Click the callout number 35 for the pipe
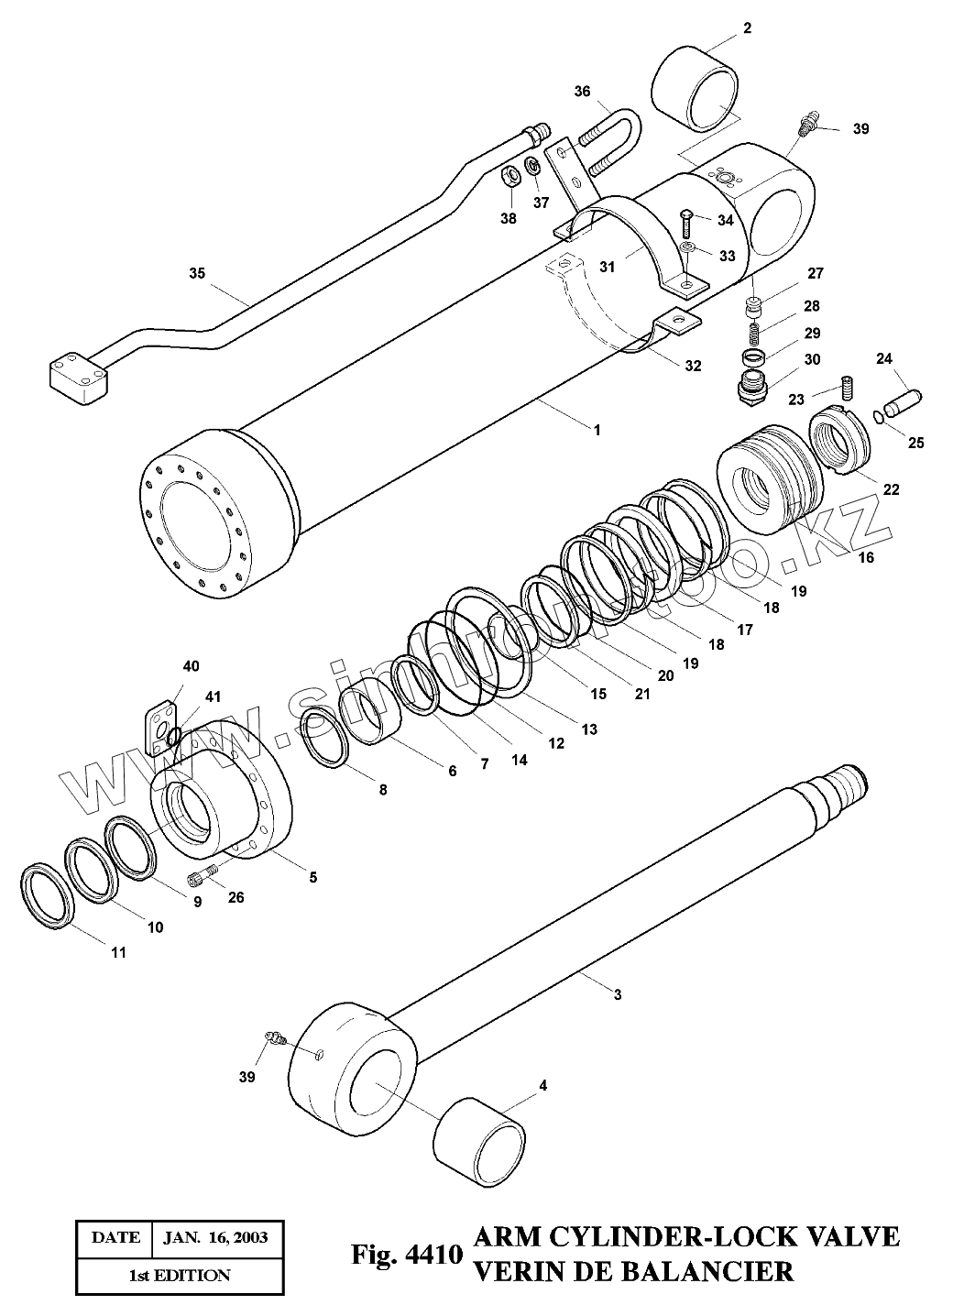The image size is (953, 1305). tap(197, 273)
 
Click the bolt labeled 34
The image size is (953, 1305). tap(687, 220)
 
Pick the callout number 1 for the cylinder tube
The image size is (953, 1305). tap(597, 429)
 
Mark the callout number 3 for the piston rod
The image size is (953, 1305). tap(617, 994)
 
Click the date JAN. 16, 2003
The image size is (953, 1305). tap(215, 1237)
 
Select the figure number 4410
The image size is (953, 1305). tap(431, 1253)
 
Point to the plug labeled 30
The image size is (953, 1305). tap(752, 385)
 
